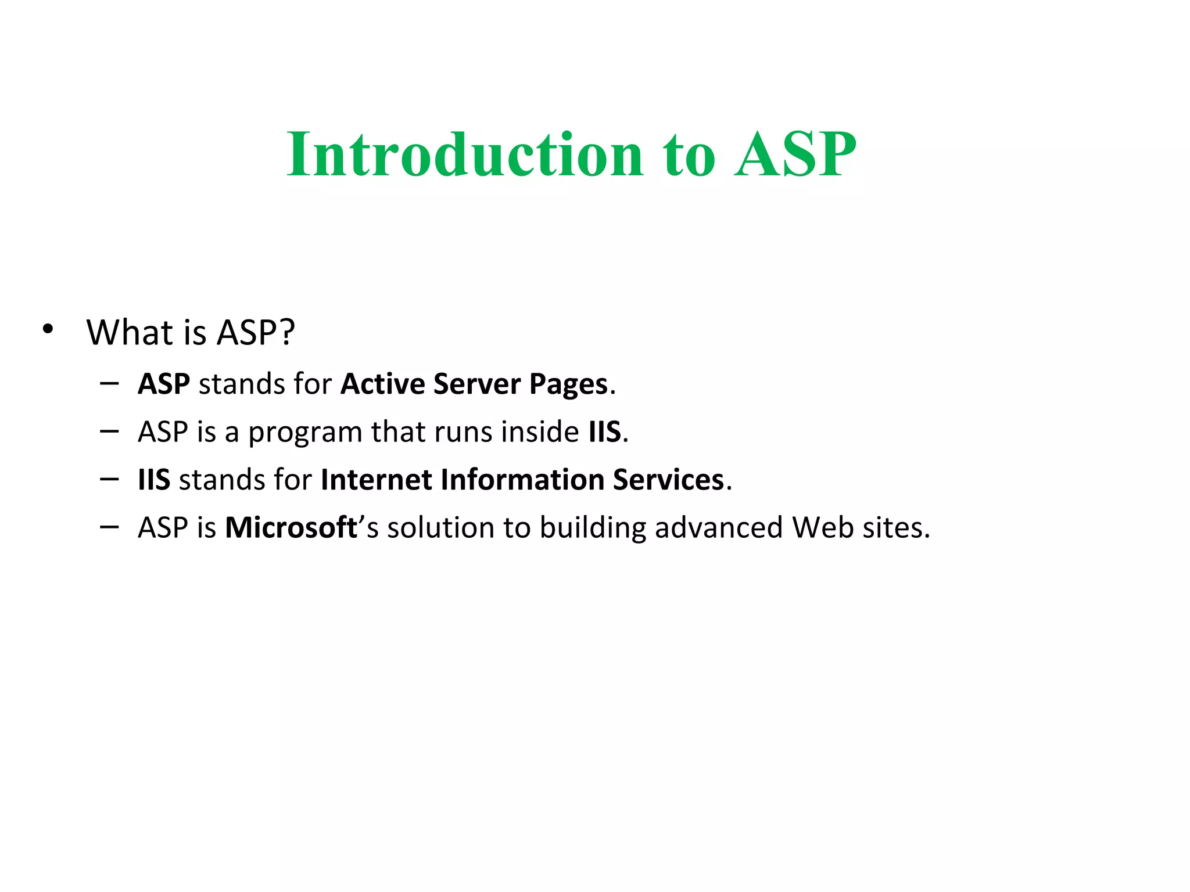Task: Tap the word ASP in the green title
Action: (x=795, y=154)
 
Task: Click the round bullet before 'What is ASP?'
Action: (x=48, y=329)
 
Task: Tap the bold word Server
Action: (x=476, y=384)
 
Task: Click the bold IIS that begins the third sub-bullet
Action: (x=153, y=480)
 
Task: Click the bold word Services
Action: (x=668, y=480)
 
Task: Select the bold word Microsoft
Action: (x=291, y=527)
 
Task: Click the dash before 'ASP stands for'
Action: (x=109, y=383)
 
